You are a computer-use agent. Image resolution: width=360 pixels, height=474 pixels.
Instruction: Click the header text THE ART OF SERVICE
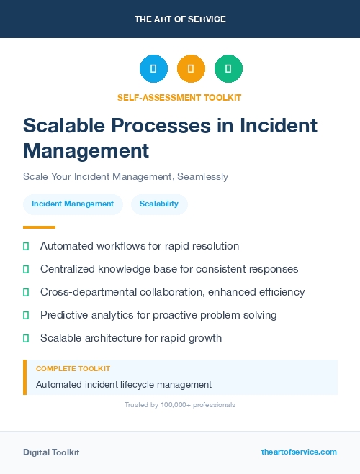tap(180, 19)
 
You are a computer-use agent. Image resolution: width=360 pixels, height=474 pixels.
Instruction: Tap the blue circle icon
tap(153, 69)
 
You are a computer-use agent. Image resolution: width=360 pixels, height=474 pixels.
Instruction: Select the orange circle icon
tap(191, 69)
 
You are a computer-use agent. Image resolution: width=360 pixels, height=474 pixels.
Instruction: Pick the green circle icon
tap(228, 69)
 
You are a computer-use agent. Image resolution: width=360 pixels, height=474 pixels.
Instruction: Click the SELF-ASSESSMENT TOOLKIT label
tap(179, 97)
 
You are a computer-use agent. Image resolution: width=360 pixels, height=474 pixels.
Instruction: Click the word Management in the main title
tap(86, 151)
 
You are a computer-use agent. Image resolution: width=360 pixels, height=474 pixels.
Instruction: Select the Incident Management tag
tap(73, 204)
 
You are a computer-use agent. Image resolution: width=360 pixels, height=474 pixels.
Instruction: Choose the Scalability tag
tap(159, 204)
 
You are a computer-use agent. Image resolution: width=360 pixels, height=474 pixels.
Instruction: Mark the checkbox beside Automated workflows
tap(26, 246)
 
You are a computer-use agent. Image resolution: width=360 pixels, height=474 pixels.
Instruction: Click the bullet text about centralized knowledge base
tap(169, 269)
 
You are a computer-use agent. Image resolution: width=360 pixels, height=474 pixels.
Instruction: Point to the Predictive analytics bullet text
tap(158, 315)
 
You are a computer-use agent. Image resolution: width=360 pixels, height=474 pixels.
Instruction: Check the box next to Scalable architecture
tap(26, 338)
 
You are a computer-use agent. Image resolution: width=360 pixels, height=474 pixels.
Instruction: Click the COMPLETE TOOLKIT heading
tap(73, 368)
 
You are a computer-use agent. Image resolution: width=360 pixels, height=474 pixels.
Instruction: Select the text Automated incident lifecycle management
tap(124, 385)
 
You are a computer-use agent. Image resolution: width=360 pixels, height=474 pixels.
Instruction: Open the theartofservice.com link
tap(299, 452)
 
